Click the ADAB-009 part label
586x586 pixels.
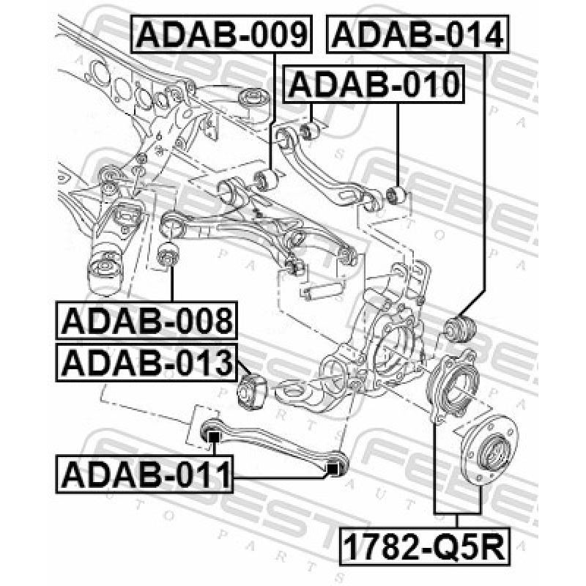click(221, 34)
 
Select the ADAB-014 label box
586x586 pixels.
click(418, 34)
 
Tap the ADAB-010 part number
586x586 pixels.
click(374, 84)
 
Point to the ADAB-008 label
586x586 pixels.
click(146, 320)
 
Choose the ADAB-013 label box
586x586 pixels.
click(146, 363)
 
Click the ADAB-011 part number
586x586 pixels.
click(144, 474)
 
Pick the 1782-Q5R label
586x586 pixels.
click(425, 546)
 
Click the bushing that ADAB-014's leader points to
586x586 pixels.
click(459, 329)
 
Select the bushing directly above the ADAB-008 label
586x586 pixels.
click(168, 254)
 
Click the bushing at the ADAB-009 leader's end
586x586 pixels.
click(264, 179)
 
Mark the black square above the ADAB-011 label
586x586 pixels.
click(213, 437)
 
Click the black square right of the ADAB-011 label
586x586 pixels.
click(333, 468)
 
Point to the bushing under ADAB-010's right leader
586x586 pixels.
click(396, 196)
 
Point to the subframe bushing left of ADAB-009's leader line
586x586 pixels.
click(255, 99)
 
